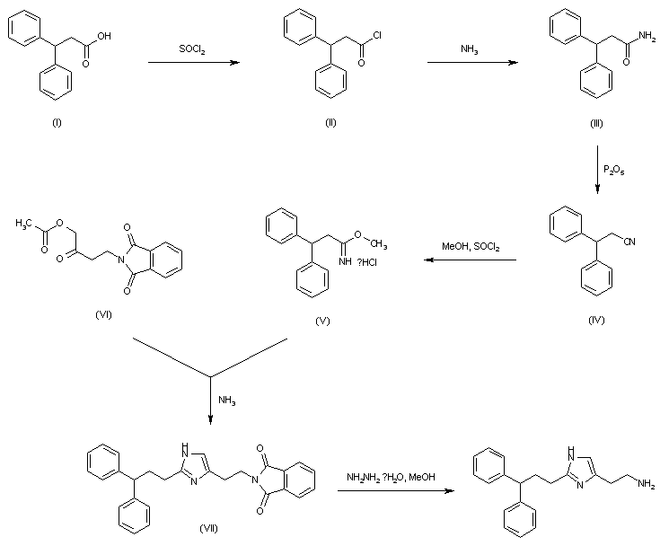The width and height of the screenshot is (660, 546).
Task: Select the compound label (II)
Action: click(x=330, y=122)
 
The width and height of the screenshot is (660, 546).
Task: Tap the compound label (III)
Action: click(x=596, y=122)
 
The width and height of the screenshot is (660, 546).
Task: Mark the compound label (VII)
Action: click(x=209, y=526)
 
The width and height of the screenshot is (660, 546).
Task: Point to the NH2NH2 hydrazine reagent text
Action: click(x=391, y=476)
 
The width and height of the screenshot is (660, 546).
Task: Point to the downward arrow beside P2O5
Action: click(x=599, y=170)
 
